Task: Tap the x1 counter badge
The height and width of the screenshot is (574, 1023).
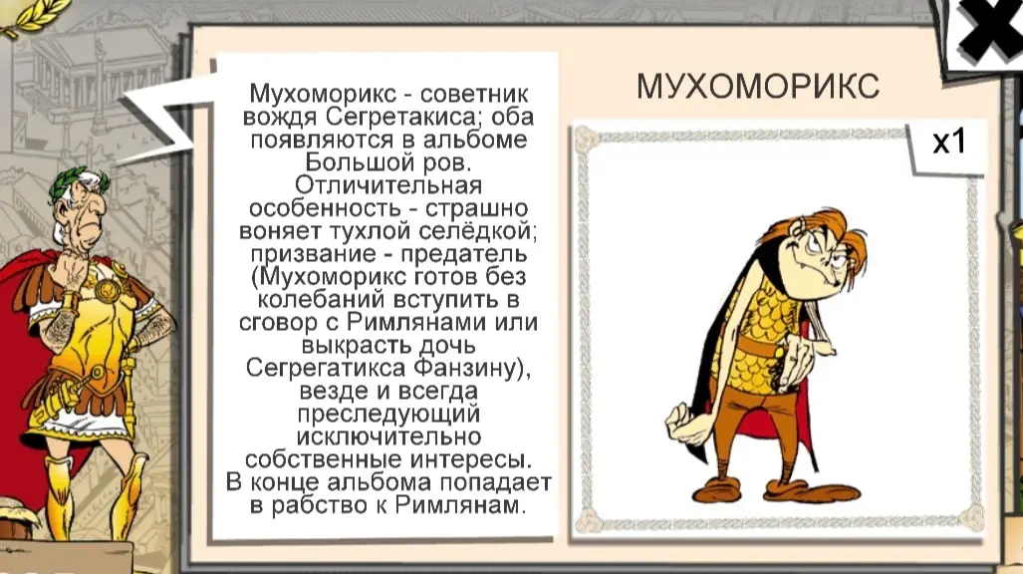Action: tap(948, 143)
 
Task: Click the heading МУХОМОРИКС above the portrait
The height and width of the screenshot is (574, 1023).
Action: tap(758, 86)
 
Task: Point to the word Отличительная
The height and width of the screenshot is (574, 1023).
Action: tap(388, 184)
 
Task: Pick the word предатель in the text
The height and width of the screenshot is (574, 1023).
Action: tap(464, 254)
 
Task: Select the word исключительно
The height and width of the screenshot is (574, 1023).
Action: tap(388, 436)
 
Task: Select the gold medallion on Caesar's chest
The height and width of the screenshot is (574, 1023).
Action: tap(109, 288)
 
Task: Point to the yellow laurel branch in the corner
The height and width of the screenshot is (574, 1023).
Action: tap(33, 16)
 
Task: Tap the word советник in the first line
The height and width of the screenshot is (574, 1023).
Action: tap(474, 94)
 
